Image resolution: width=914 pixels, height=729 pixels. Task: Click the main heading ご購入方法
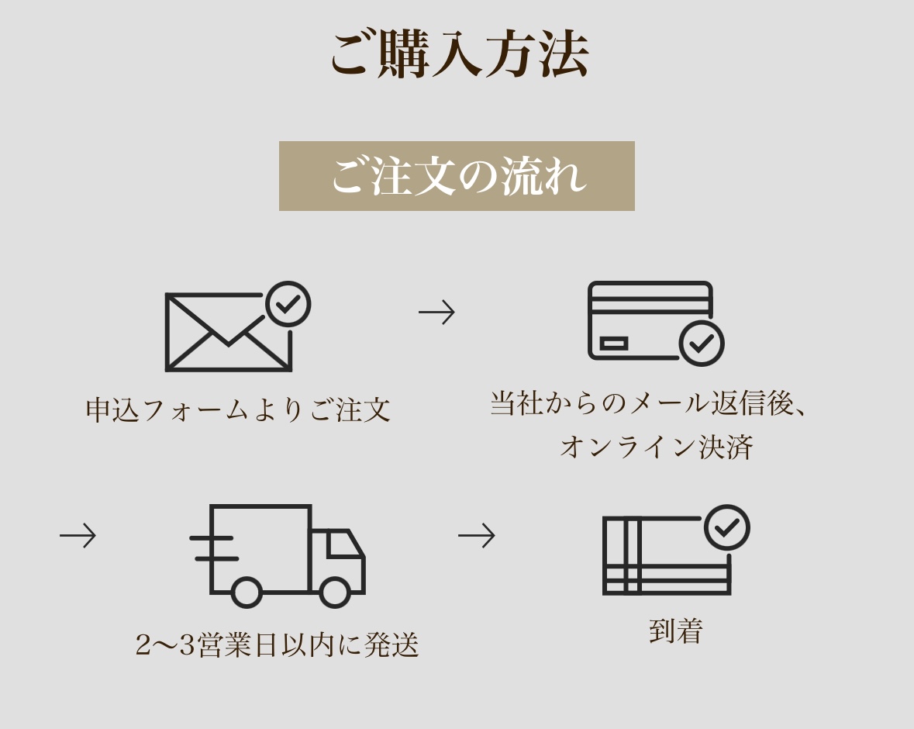coord(460,54)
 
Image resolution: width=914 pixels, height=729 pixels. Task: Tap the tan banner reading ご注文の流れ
coord(457,175)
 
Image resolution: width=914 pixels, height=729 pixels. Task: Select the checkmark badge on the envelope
coord(288,304)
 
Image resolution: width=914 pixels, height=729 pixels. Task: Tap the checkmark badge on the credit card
coord(702,344)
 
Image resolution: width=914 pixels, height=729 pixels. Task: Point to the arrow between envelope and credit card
coord(436,312)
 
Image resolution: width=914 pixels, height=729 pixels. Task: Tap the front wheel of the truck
coord(335,592)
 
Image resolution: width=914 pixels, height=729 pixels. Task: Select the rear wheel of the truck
coord(246,592)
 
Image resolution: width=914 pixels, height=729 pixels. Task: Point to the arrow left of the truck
coord(78,535)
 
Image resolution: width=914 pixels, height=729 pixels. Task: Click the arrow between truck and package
coord(477,535)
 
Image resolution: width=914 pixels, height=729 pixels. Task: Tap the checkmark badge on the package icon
coord(727,527)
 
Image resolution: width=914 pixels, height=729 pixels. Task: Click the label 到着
coord(676,631)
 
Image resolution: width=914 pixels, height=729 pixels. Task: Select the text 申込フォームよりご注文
coord(238,409)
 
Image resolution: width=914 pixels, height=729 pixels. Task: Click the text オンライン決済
coord(657,447)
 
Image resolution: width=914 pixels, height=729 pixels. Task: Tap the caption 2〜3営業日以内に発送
coord(277,645)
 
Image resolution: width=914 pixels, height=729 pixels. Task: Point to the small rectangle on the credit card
coord(614,344)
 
